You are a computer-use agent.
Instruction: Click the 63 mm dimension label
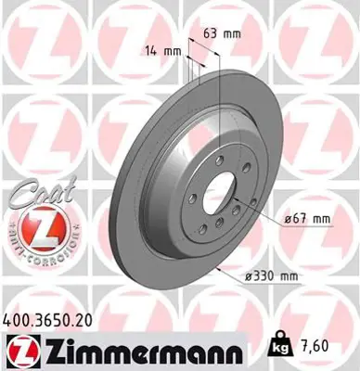220,33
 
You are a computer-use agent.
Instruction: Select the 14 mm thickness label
161,51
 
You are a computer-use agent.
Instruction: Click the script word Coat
32,198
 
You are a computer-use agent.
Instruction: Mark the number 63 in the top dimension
210,33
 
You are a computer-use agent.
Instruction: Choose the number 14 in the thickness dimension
151,51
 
